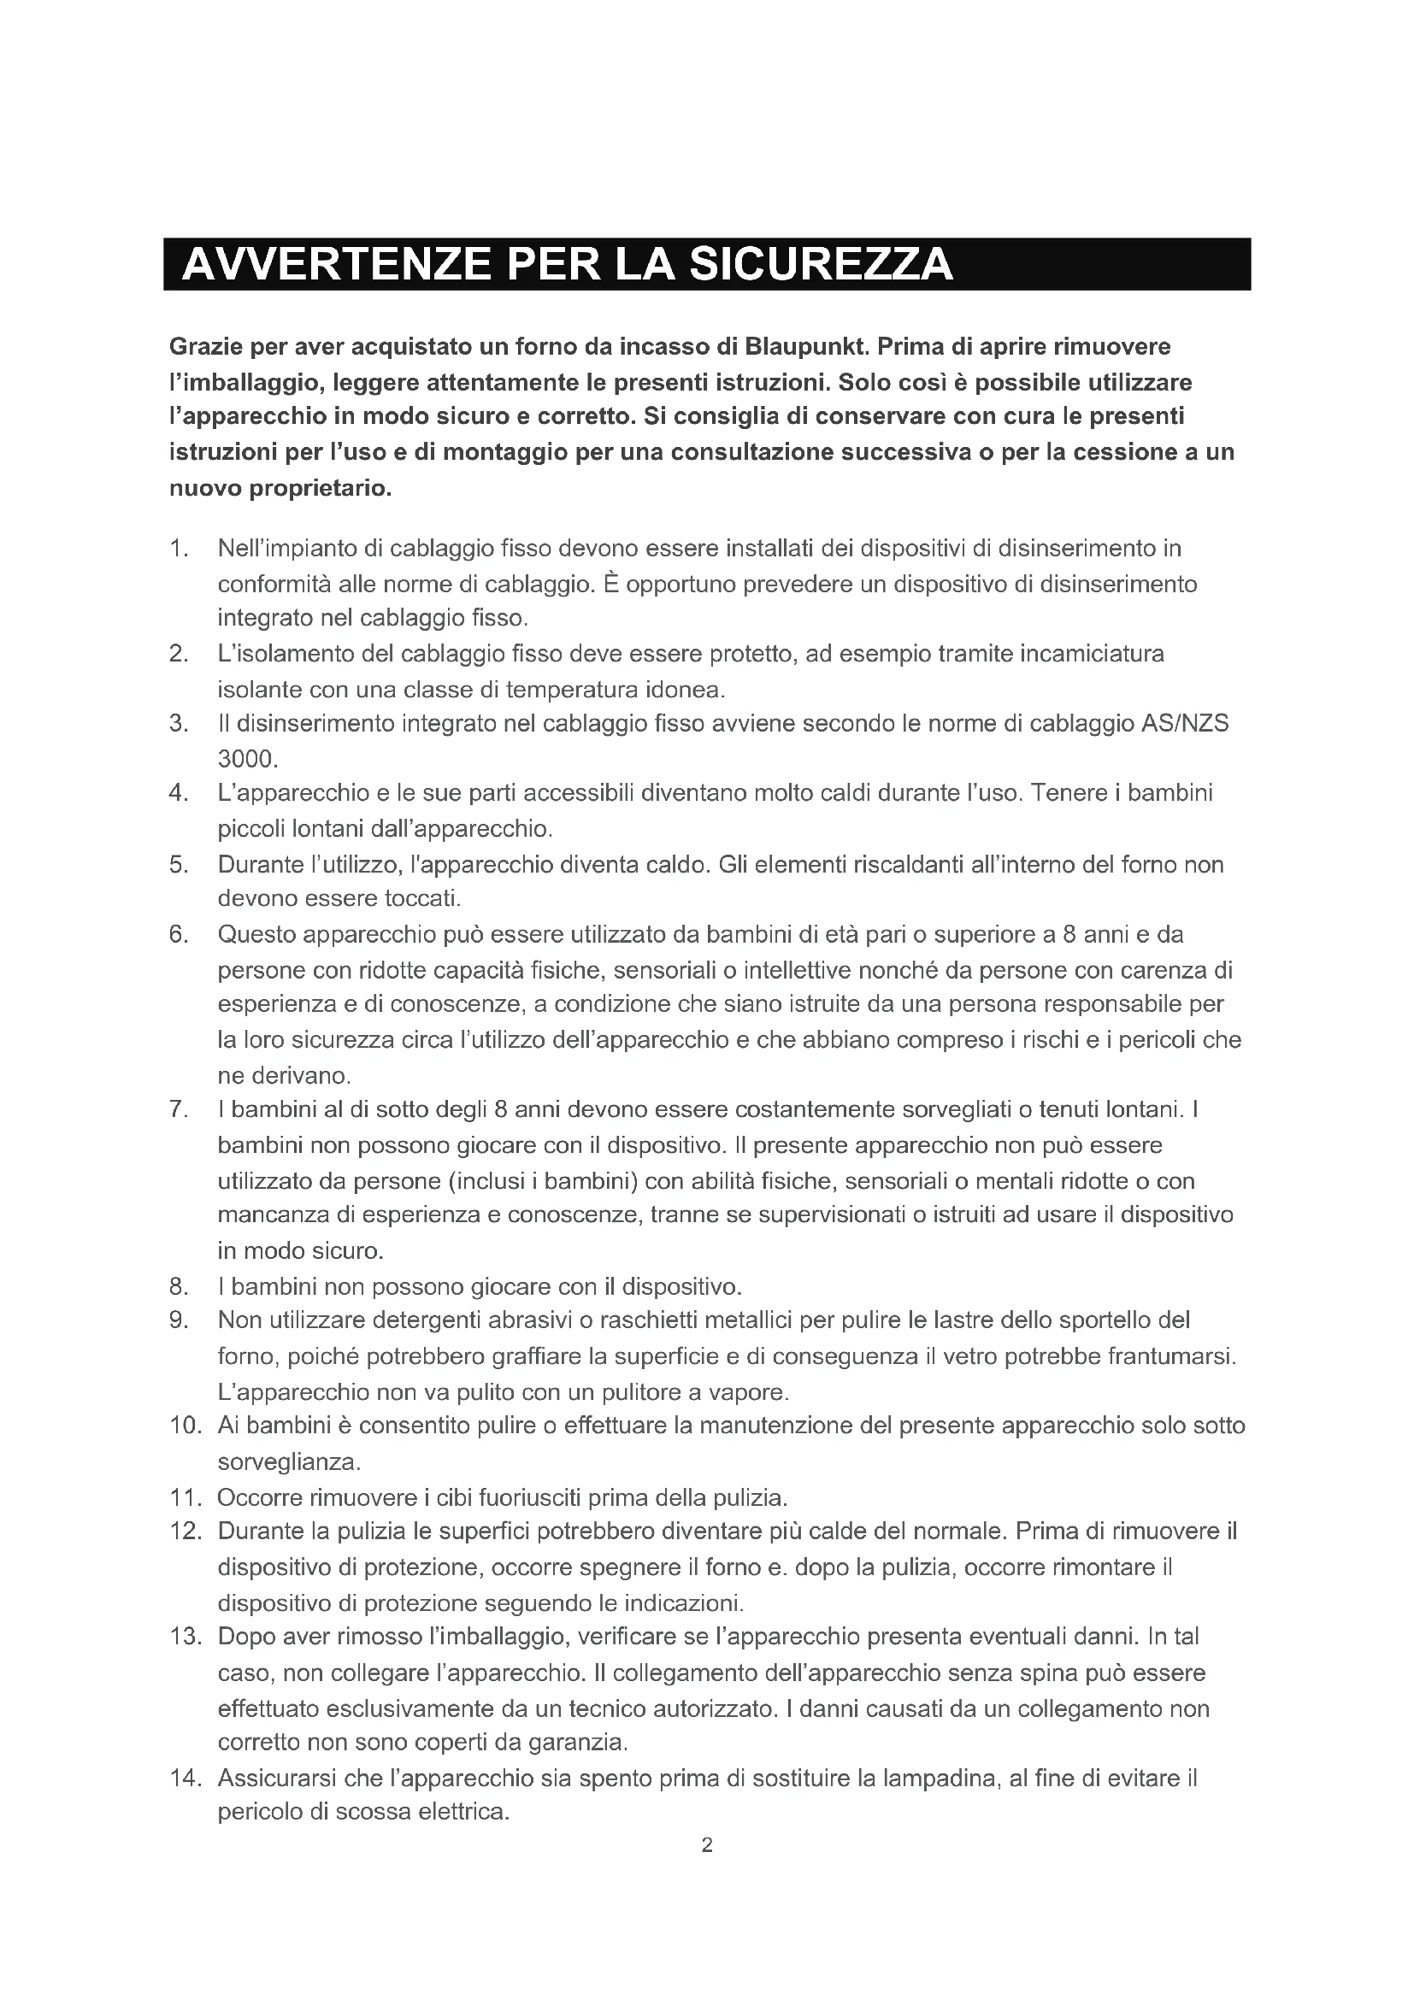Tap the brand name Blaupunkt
(805, 346)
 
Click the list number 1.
(178, 549)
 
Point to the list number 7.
(178, 1109)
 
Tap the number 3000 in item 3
(246, 759)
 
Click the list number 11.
(185, 1497)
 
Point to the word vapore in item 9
(749, 1392)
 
